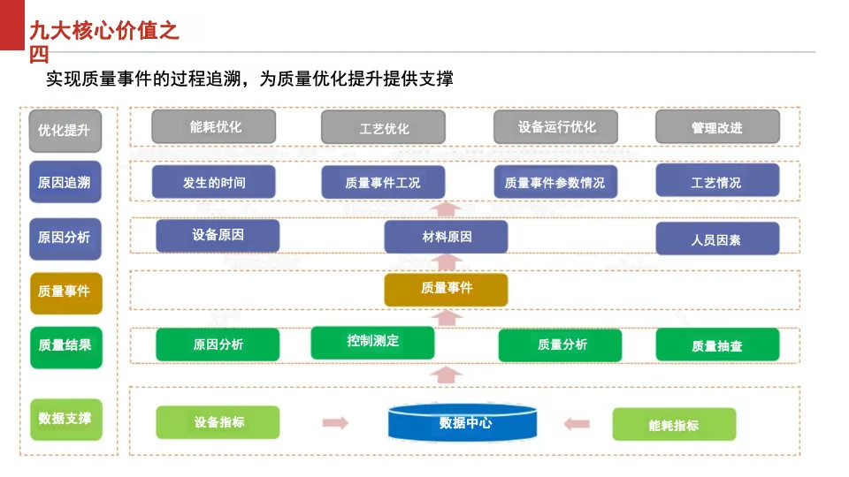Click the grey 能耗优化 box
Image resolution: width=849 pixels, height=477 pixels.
214,127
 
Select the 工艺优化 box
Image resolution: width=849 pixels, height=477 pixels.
383,128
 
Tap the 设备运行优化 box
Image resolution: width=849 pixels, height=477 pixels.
556,127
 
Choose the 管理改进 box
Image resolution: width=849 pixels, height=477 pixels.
717,127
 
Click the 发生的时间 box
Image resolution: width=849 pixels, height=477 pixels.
214,182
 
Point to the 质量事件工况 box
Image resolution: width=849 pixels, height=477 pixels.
383,182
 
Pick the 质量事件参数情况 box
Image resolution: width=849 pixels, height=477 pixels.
555,182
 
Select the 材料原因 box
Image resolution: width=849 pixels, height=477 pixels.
446,237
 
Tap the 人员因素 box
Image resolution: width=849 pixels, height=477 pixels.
717,238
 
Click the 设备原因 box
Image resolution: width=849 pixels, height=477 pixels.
218,236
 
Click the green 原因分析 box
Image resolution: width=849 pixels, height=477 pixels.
218,344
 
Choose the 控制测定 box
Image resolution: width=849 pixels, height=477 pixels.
372,343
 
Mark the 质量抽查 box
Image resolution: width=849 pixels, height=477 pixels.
717,344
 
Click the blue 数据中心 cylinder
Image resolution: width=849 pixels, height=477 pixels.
463,422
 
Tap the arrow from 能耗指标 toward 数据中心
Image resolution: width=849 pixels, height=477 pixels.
577,423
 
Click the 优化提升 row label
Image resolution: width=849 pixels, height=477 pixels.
65,131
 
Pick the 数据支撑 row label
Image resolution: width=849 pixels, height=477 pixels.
66,419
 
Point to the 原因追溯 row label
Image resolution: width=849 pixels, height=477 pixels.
65,182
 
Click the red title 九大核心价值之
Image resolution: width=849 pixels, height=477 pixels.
104,31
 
